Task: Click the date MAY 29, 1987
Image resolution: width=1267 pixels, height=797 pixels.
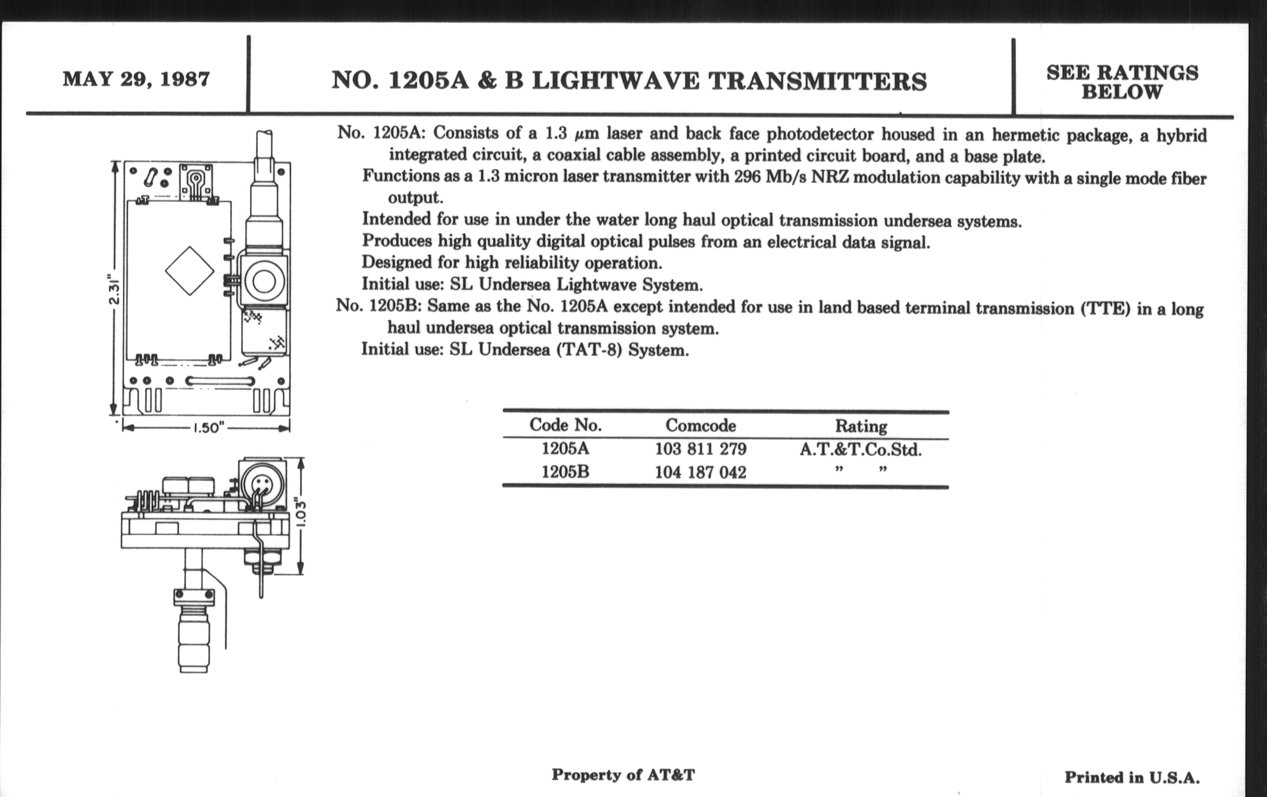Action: [136, 79]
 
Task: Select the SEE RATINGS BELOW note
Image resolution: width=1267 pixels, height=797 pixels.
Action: [1122, 82]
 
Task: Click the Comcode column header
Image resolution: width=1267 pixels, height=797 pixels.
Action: [700, 425]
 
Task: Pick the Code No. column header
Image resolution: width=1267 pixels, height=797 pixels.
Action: [565, 425]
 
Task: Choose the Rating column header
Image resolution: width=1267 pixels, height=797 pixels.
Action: [861, 426]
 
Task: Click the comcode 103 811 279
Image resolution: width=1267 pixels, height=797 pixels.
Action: [700, 449]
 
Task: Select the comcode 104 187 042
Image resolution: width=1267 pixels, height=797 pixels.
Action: [700, 472]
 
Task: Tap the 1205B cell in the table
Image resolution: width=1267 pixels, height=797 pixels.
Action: [565, 472]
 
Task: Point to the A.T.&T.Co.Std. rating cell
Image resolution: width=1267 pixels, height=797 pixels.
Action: [861, 450]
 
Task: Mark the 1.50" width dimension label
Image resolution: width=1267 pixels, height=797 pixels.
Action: [209, 428]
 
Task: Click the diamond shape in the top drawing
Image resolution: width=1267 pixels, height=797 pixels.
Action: [190, 271]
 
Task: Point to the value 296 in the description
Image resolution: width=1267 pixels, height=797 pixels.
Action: [748, 177]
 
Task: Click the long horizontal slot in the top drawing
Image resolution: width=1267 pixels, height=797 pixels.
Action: [219, 381]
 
